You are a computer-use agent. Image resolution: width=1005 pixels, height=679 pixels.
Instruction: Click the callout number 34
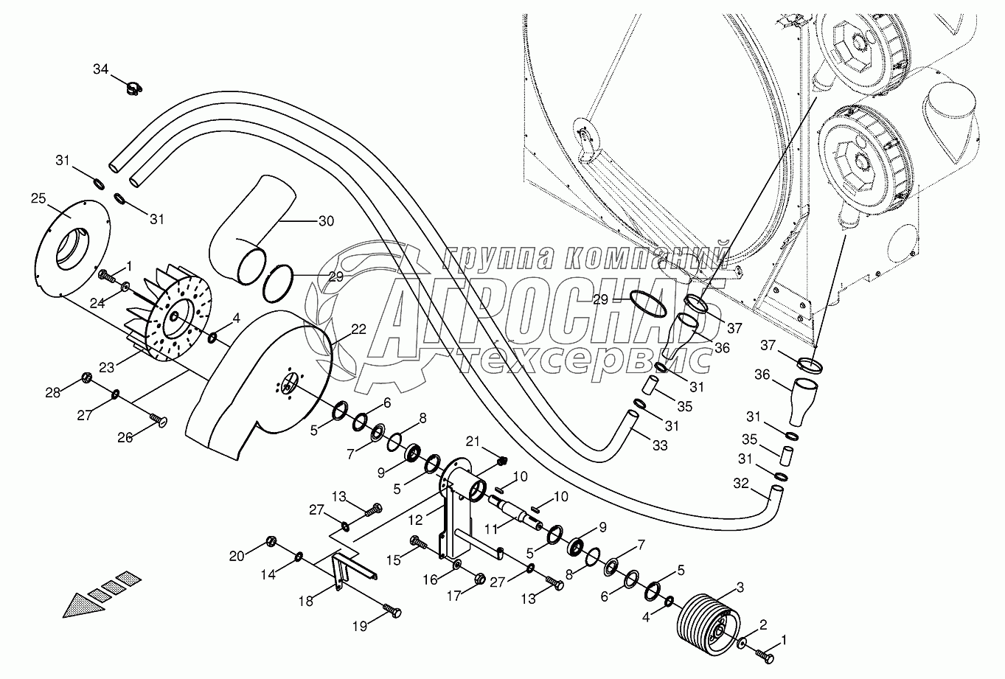point(100,69)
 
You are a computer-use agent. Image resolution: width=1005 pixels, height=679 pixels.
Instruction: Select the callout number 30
point(325,220)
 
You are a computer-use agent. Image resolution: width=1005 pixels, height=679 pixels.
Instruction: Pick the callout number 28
point(52,392)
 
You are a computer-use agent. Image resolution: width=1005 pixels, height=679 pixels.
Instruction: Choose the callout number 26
point(125,437)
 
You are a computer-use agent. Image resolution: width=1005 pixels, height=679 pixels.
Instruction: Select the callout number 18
point(305,601)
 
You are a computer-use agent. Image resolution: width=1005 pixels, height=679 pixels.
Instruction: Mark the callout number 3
point(740,587)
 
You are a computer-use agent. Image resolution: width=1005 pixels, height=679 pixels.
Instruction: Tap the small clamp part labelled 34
point(133,90)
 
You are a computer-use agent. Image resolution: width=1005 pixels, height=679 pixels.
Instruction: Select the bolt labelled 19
point(393,611)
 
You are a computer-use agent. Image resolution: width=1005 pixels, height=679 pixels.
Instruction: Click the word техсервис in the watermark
point(583,359)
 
